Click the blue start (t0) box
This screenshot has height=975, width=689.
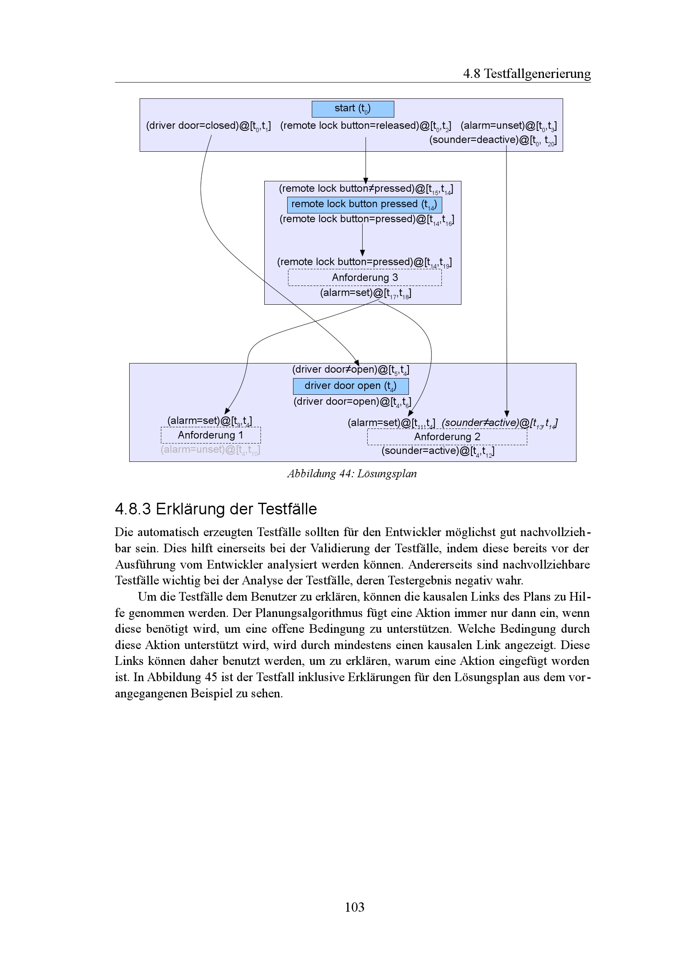[x=353, y=109]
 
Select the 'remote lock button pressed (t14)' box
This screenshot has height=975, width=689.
[x=364, y=205]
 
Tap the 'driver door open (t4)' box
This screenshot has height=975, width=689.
[x=351, y=386]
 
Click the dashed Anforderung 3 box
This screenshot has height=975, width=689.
[x=365, y=278]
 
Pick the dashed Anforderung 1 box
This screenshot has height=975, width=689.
[x=210, y=435]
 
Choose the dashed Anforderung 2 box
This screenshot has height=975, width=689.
[x=447, y=437]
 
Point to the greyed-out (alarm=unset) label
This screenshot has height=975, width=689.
[x=210, y=450]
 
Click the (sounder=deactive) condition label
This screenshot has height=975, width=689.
[x=492, y=140]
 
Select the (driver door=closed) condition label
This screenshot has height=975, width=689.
[x=208, y=126]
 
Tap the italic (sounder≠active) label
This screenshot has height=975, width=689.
[x=500, y=423]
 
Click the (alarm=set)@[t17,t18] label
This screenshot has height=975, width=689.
[x=366, y=293]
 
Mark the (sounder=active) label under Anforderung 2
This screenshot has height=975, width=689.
[x=438, y=451]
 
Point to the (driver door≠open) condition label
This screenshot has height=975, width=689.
[x=351, y=370]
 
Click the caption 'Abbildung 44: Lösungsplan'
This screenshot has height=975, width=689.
[x=352, y=474]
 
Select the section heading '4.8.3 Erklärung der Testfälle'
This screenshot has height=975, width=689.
[x=215, y=509]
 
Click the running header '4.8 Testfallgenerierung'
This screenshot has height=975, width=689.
[x=526, y=74]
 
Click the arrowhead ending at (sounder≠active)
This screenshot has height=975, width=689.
[x=506, y=414]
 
